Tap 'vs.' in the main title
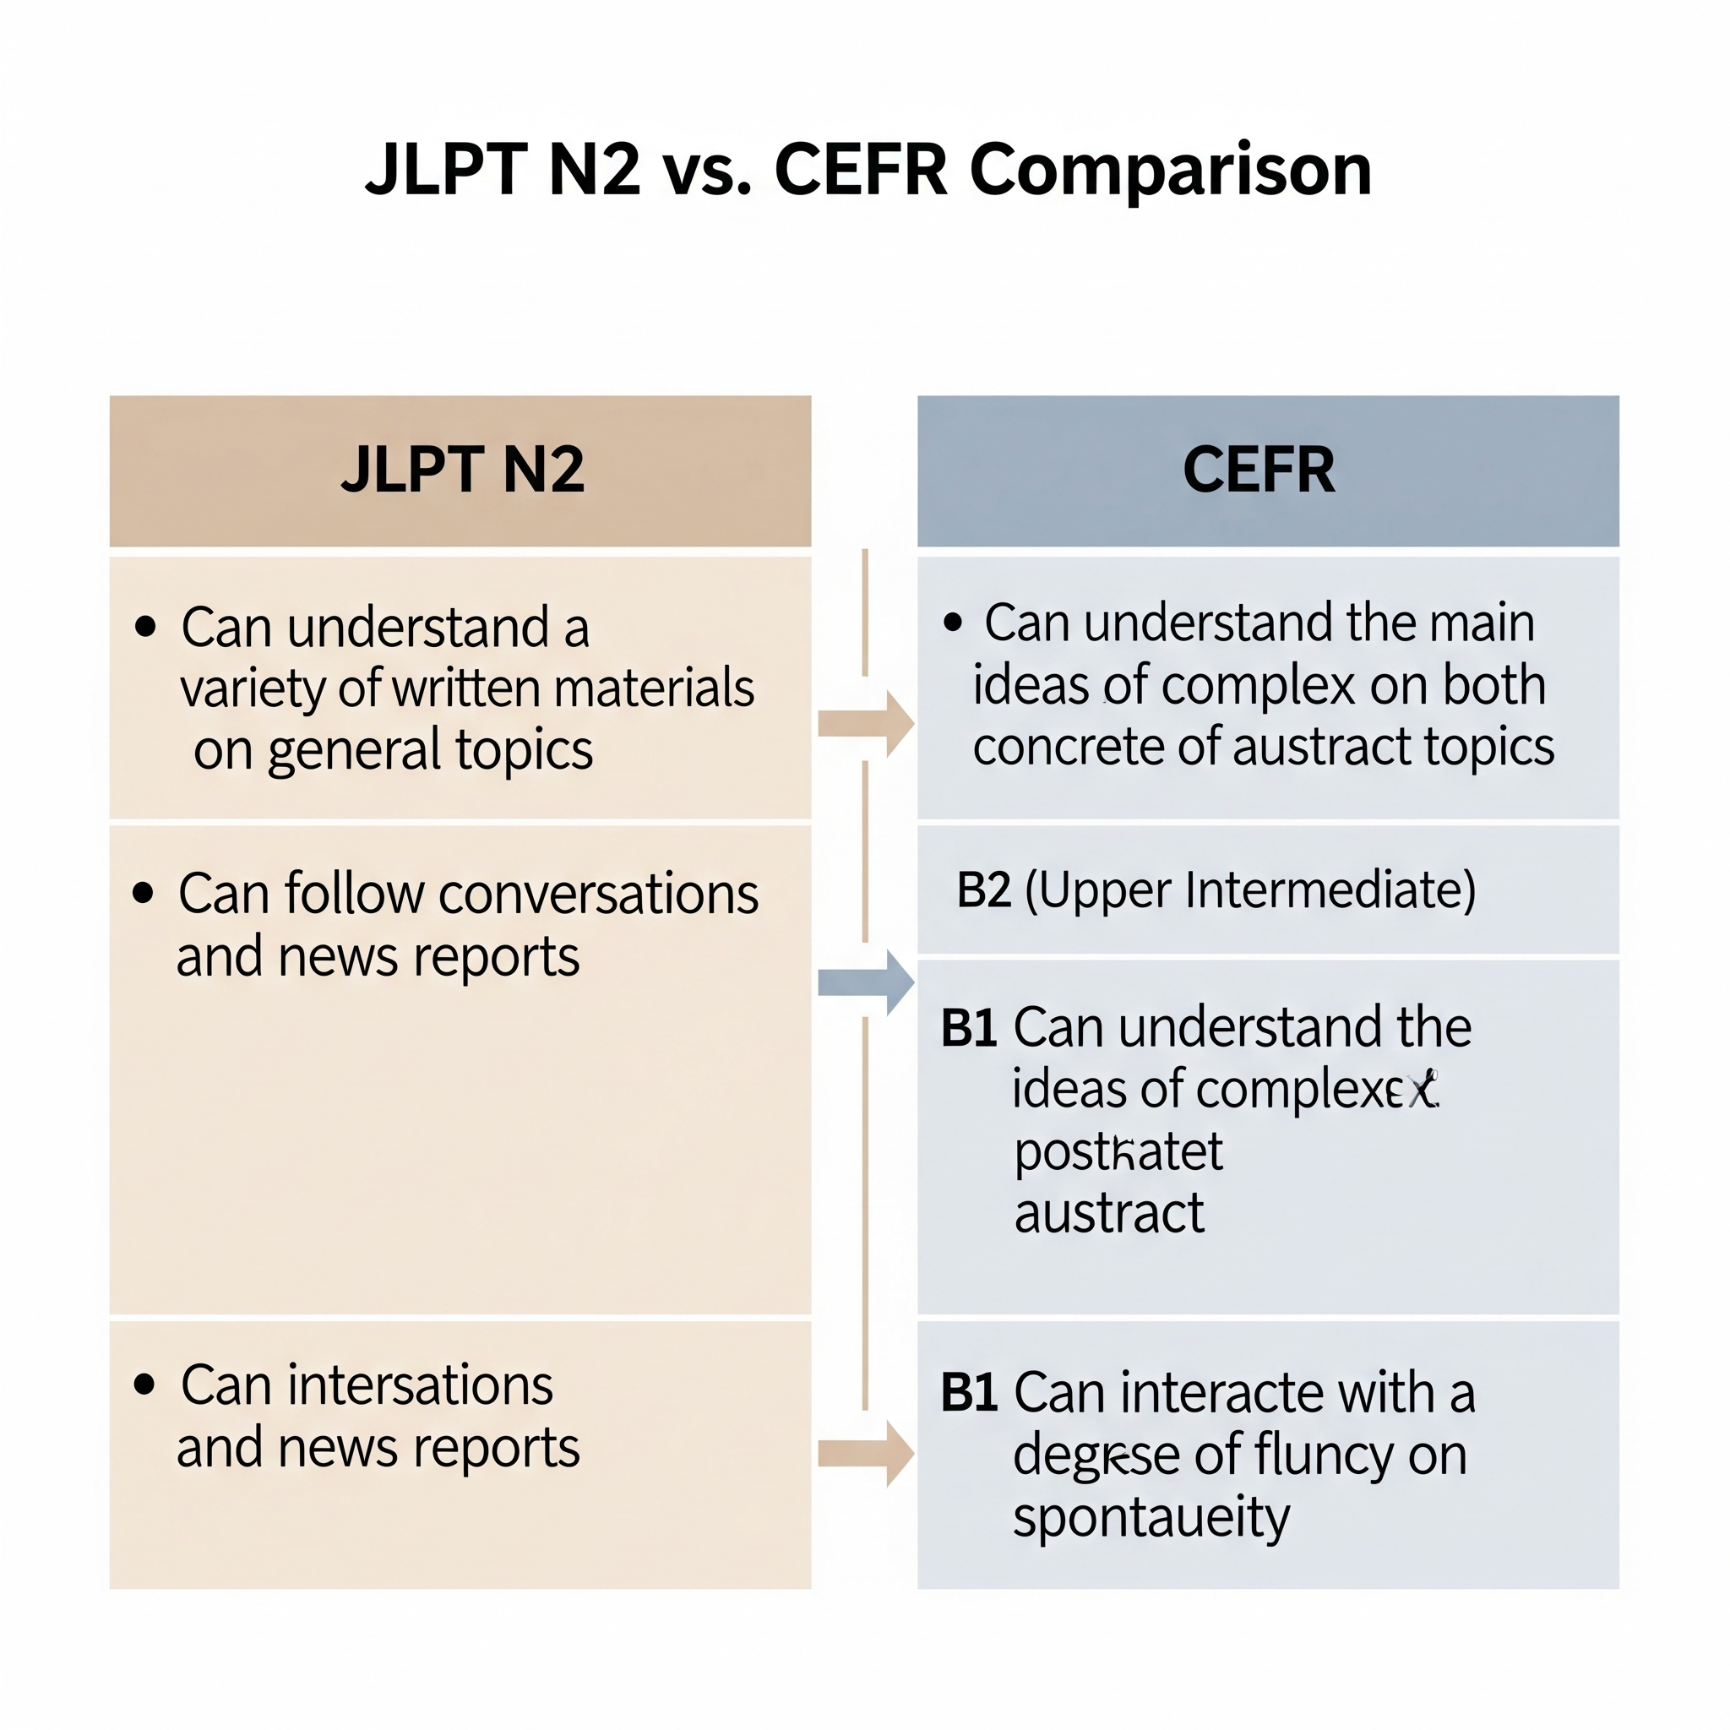tap(706, 170)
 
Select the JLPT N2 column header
tap(460, 471)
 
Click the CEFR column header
tap(1267, 471)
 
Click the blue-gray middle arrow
tap(865, 983)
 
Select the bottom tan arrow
tap(865, 1453)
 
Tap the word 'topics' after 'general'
tap(524, 750)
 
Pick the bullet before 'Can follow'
tap(144, 893)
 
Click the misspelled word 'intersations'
tap(420, 1386)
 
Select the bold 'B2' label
tap(983, 890)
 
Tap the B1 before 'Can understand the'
tap(969, 1028)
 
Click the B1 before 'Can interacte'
tap(969, 1393)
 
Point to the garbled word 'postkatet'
tap(1118, 1152)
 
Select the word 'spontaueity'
tap(1151, 1519)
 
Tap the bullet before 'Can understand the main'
tap(953, 623)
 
